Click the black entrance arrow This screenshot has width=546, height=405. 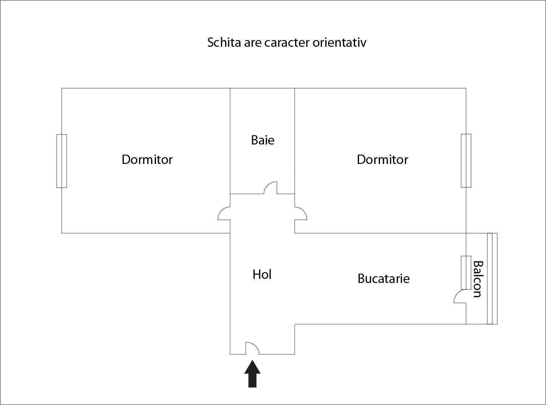[x=252, y=374]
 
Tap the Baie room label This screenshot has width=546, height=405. [x=263, y=140]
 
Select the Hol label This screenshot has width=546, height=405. [x=262, y=274]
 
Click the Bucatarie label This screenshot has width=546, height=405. [x=383, y=278]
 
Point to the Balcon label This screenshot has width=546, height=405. [x=477, y=279]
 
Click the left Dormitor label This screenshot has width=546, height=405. [x=147, y=159]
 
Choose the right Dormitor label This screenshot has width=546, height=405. [x=382, y=159]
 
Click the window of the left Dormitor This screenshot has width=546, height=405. [x=62, y=161]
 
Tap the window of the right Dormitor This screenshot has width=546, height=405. [x=466, y=161]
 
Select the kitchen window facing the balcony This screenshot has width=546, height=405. [x=466, y=272]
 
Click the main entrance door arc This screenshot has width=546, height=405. [x=252, y=348]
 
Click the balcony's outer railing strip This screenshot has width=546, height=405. [x=492, y=278]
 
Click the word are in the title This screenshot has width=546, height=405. [x=252, y=42]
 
